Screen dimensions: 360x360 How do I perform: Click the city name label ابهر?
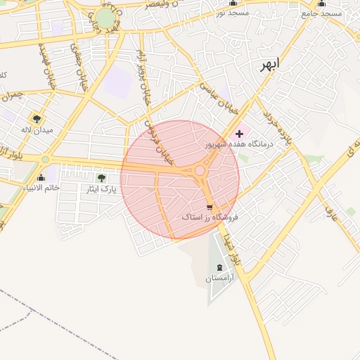pyautogui.click(x=269, y=65)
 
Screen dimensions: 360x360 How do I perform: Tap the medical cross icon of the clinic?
pyautogui.click(x=239, y=133)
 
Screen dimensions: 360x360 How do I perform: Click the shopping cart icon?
pyautogui.click(x=209, y=207)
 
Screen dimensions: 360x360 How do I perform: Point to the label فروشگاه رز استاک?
pyautogui.click(x=210, y=218)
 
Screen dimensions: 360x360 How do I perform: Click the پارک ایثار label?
pyautogui.click(x=98, y=189)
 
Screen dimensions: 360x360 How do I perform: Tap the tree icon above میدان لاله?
pyautogui.click(x=36, y=119)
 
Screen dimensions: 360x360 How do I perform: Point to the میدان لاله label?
pyautogui.click(x=36, y=130)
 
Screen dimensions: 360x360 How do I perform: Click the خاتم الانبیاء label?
pyautogui.click(x=41, y=188)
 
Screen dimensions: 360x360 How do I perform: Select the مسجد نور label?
pyautogui.click(x=232, y=13)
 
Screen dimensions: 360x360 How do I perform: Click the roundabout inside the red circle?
pyautogui.click(x=200, y=170)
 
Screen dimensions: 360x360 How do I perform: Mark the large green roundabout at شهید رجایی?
pyautogui.click(x=105, y=18)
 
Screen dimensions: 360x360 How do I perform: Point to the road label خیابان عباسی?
pyautogui.click(x=211, y=97)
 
